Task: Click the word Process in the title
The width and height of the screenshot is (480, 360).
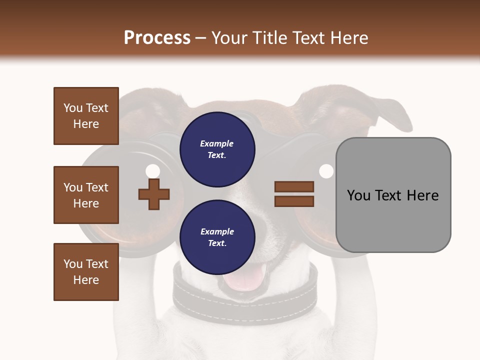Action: point(157,38)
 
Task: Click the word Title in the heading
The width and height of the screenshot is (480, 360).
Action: point(268,38)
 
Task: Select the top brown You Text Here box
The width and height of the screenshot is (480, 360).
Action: point(86,116)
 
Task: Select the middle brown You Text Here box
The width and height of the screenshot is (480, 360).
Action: point(86,195)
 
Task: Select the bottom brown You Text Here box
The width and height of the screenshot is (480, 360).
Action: point(86,272)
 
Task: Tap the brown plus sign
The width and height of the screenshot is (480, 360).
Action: point(154,194)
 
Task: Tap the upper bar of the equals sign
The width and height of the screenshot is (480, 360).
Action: point(294,187)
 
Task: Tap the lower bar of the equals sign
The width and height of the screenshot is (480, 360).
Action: point(294,201)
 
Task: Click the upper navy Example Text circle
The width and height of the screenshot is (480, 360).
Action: point(217,149)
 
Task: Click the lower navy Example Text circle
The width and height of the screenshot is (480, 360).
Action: point(217,237)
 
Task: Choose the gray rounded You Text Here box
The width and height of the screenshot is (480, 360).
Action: point(393,195)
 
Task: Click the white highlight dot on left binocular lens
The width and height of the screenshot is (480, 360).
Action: point(152,171)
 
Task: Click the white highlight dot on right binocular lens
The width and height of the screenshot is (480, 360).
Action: point(326,171)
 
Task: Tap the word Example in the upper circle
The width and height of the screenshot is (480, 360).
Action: point(217,143)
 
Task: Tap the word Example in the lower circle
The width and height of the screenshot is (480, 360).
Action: point(217,231)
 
